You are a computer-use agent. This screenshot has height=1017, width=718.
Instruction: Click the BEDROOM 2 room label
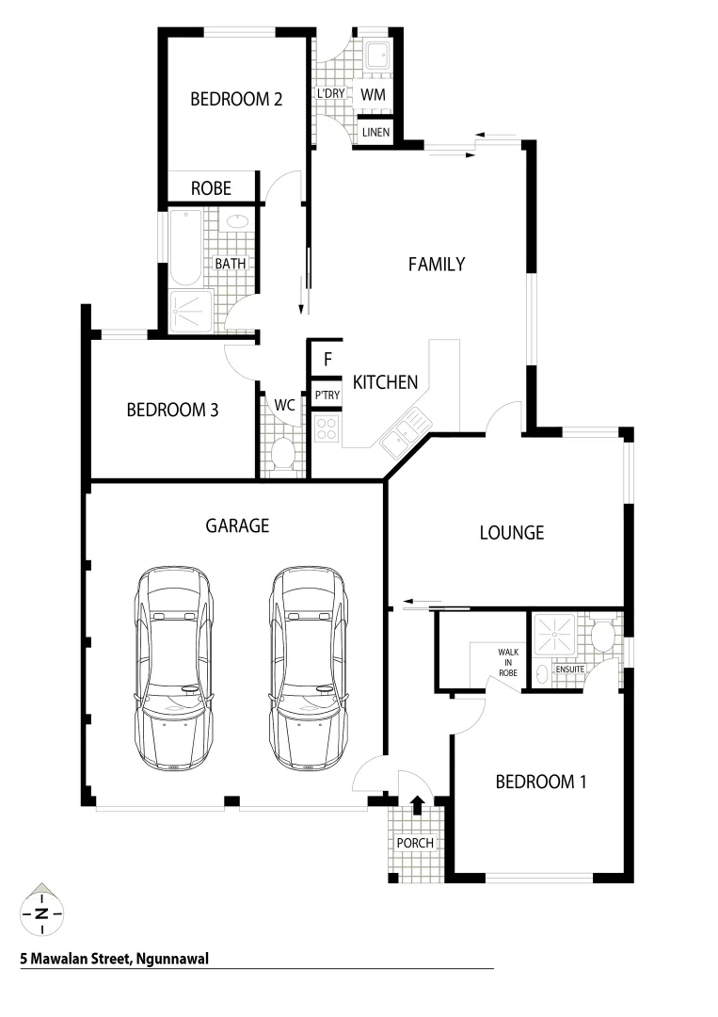coord(236,99)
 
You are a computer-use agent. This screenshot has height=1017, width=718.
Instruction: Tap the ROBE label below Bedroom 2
coord(211,188)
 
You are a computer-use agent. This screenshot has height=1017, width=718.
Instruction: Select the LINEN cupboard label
coord(375,133)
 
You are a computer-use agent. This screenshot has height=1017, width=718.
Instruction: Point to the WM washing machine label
coord(374,95)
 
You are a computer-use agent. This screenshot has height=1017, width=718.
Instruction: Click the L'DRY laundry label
coord(330,95)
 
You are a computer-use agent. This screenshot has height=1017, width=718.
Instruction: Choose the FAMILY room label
coord(436,265)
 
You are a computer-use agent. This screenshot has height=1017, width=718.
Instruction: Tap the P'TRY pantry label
coord(327,395)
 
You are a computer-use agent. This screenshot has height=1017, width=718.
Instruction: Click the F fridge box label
coord(327,359)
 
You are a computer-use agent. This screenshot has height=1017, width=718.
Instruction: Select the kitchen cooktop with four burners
coord(327,428)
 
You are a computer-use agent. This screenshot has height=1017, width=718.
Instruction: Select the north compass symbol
coord(40,911)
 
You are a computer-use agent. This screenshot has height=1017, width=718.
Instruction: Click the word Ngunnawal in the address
coord(170,960)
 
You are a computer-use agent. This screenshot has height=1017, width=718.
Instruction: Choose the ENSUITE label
coord(569,670)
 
